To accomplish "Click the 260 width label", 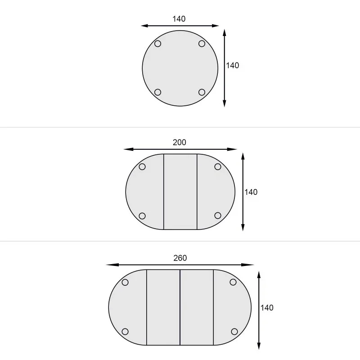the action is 180,258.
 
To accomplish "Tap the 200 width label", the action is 179,142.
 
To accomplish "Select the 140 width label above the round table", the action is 179,19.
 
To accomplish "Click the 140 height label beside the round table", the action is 232,65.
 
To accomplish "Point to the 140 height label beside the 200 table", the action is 251,192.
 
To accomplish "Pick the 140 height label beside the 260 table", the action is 267,308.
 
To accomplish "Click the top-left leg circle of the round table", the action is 158,44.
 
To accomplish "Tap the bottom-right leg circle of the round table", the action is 202,92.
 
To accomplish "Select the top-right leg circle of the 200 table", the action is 218,166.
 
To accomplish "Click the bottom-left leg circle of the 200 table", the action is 142,216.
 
